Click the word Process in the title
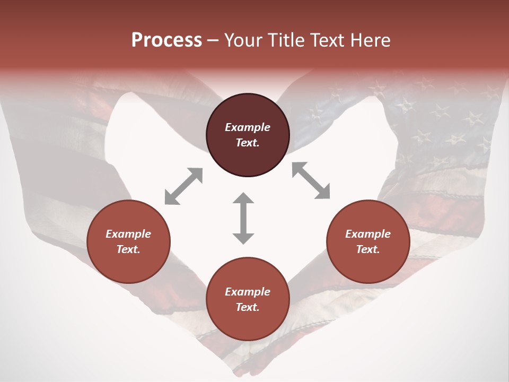pyautogui.click(x=166, y=40)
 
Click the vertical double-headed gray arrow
pyautogui.click(x=243, y=218)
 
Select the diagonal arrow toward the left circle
pyautogui.click(x=183, y=186)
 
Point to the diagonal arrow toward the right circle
pyautogui.click(x=311, y=180)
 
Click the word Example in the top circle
pyautogui.click(x=248, y=127)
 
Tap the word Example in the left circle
pyautogui.click(x=128, y=234)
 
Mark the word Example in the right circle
pyautogui.click(x=368, y=234)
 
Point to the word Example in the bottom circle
pyautogui.click(x=248, y=292)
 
